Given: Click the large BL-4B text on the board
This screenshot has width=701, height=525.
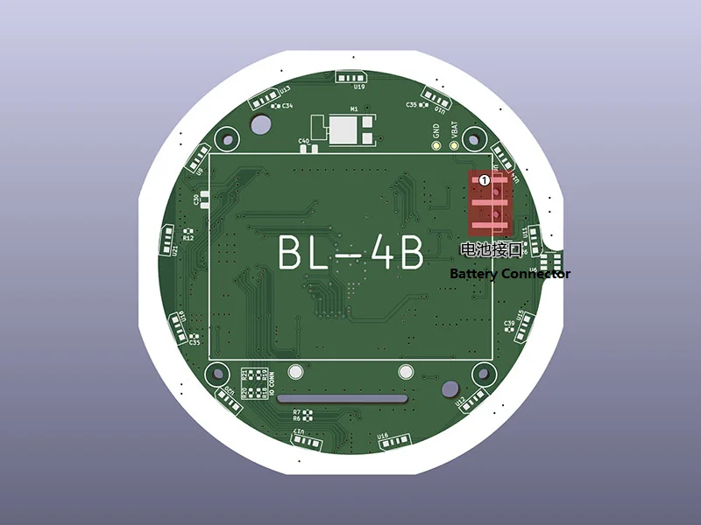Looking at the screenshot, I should click(x=350, y=253).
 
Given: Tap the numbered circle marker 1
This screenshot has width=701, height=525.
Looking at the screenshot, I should click(x=484, y=179).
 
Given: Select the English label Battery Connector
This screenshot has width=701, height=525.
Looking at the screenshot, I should click(x=509, y=274).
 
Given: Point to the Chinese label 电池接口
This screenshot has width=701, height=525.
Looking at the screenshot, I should click(x=491, y=250).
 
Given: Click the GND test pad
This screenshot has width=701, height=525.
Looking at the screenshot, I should click(x=436, y=146).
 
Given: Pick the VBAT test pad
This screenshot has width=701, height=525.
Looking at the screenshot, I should click(x=454, y=146).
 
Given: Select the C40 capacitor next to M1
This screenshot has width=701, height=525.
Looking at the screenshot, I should click(x=304, y=140).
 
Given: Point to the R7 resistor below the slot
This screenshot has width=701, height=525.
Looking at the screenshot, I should click(x=297, y=411).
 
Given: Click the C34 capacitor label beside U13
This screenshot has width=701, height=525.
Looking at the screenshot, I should click(x=287, y=106).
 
